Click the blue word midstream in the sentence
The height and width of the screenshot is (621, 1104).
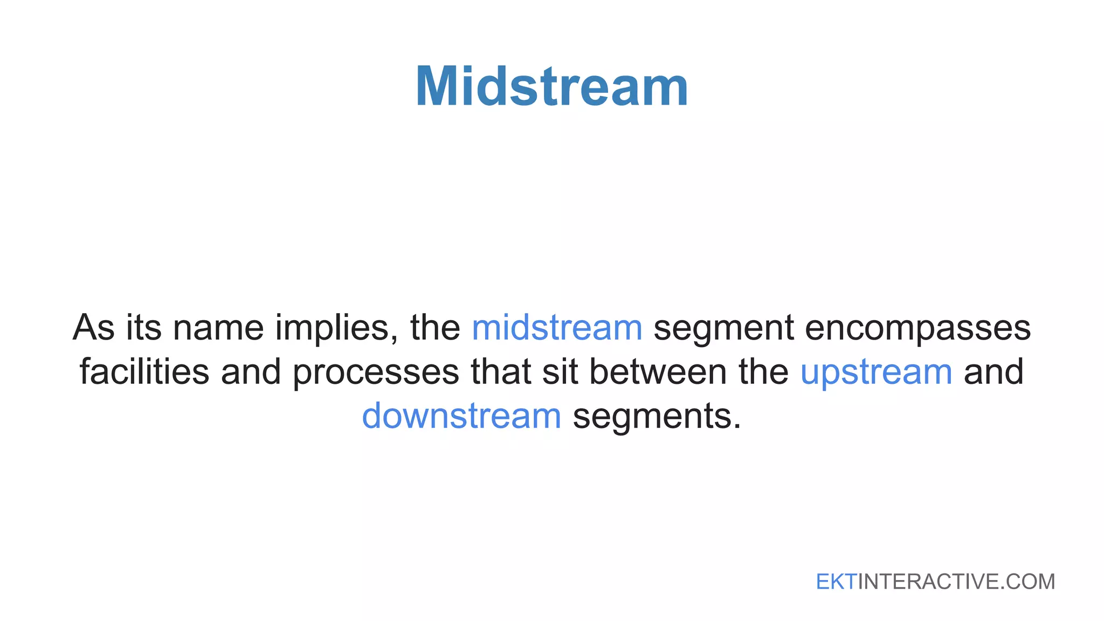click(557, 328)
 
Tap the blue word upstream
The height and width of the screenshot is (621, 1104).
click(876, 372)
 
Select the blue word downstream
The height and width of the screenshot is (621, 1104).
click(461, 416)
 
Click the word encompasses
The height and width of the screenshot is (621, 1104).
click(917, 328)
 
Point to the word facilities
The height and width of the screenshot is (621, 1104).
click(144, 372)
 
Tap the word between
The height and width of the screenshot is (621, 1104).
click(658, 372)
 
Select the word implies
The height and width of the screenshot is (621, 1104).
click(336, 329)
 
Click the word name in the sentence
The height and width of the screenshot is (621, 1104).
click(218, 329)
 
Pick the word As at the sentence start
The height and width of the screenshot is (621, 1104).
click(93, 328)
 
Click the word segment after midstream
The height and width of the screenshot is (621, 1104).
click(723, 329)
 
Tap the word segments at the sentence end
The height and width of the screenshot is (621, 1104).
click(657, 417)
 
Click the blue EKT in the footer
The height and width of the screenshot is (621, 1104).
click(836, 582)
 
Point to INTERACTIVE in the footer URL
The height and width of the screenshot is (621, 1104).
click(928, 582)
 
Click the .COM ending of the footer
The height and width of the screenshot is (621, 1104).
click(1027, 582)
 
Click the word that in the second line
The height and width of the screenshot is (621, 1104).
click(501, 372)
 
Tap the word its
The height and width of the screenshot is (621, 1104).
click(143, 328)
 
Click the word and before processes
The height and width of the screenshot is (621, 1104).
click(251, 372)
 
